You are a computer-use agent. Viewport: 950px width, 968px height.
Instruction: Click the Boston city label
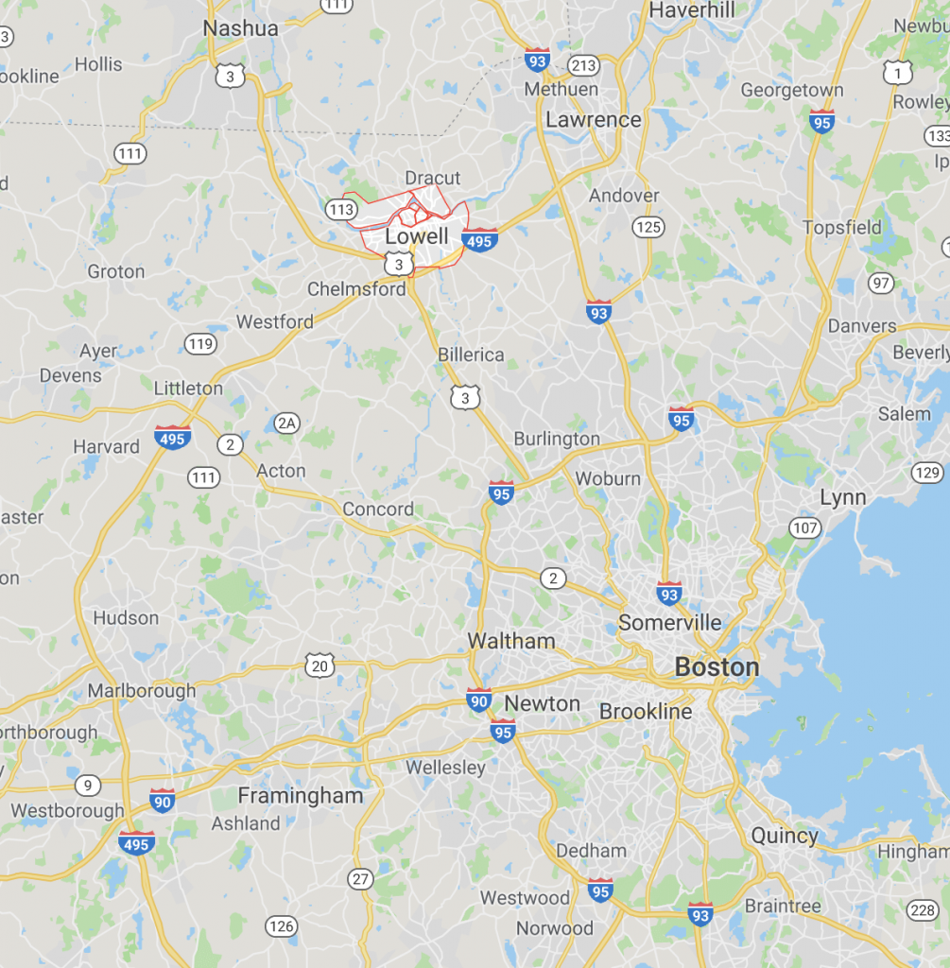717,667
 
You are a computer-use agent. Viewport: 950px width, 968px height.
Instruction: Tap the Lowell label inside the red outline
417,236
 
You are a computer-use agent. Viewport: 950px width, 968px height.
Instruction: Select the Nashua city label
241,28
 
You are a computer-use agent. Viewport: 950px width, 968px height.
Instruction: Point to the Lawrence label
594,120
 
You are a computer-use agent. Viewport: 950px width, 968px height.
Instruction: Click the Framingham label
301,796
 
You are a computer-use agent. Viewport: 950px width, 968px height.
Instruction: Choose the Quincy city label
785,836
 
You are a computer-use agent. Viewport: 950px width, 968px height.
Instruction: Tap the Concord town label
378,510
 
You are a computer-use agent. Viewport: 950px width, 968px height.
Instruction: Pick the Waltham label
511,641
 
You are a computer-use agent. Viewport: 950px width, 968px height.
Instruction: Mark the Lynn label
843,498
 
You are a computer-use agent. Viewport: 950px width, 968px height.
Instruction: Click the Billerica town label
471,354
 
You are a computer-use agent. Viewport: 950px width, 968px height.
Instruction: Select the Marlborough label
142,691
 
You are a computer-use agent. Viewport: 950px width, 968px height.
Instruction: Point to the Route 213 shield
584,65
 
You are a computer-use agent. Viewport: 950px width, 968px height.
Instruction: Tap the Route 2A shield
287,423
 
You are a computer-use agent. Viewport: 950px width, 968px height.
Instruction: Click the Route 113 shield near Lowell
340,209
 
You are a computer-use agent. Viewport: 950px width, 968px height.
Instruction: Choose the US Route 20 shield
320,666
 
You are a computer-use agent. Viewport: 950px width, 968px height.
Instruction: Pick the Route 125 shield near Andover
648,227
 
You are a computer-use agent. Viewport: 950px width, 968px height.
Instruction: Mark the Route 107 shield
805,527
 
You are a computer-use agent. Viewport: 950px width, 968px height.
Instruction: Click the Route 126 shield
281,926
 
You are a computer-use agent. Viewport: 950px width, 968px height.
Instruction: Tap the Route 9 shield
88,785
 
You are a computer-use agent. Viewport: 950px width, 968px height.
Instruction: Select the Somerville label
670,623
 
